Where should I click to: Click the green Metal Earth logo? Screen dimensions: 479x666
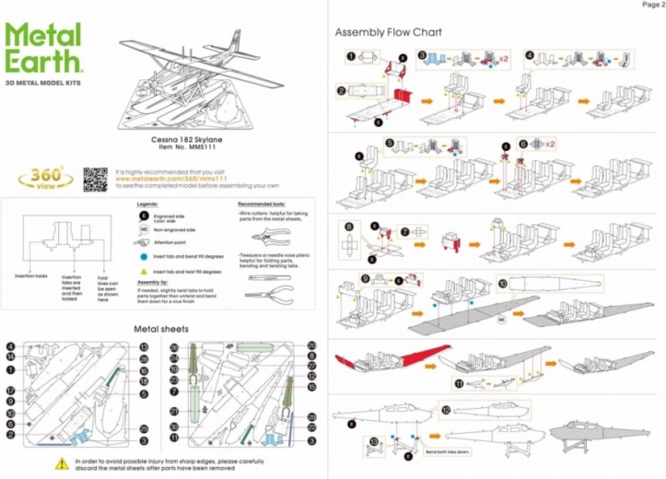pyautogui.click(x=45, y=49)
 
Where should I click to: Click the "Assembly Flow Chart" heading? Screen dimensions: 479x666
pyautogui.click(x=388, y=32)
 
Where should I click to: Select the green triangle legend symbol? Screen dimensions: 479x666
pyautogui.click(x=144, y=272)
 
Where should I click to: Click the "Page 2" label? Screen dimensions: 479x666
pyautogui.click(x=651, y=5)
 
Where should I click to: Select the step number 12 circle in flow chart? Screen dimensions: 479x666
pyautogui.click(x=445, y=410)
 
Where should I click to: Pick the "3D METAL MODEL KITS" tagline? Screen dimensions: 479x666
pyautogui.click(x=45, y=84)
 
